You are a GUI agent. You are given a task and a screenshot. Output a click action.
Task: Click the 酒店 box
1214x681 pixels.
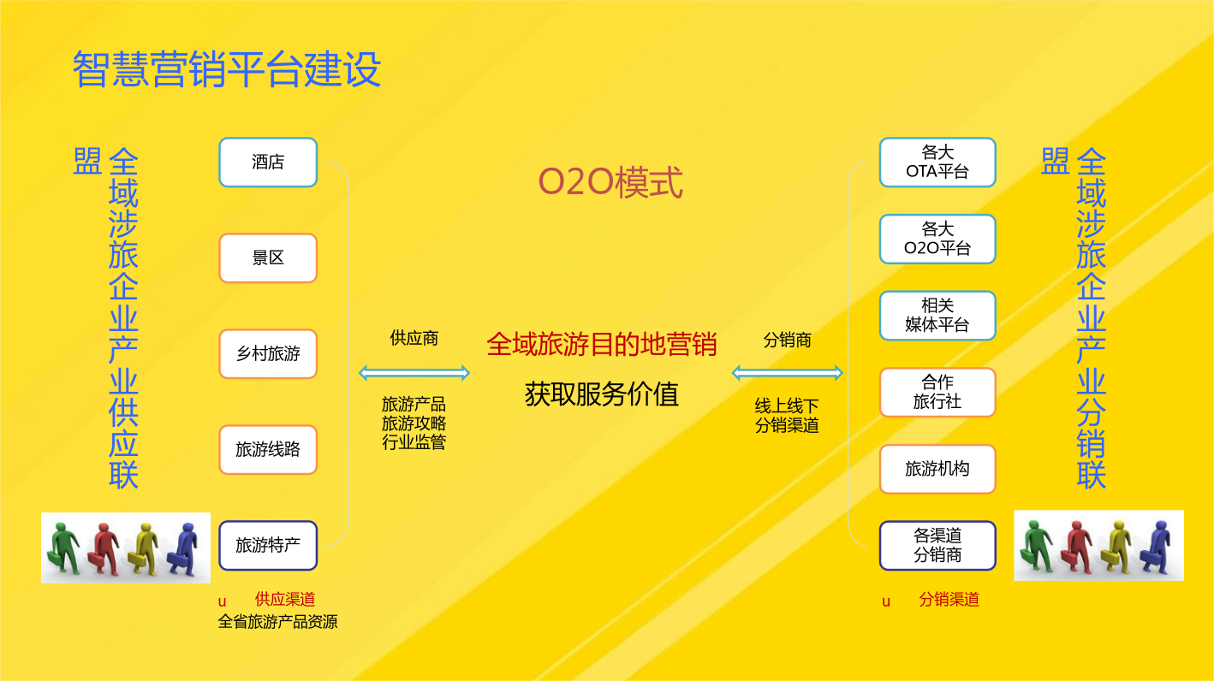pos(268,162)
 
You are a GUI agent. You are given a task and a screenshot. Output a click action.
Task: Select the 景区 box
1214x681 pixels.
pos(268,258)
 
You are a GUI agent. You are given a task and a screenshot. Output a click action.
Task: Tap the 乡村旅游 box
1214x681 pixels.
pos(268,354)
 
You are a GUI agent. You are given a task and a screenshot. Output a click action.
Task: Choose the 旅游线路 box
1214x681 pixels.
pos(268,450)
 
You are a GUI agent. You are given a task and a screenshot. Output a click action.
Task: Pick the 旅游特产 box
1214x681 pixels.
pos(268,546)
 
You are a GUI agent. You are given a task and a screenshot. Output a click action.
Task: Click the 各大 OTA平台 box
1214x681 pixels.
pos(937,162)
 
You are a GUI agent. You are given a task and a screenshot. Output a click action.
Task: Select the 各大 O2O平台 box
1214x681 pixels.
pos(937,239)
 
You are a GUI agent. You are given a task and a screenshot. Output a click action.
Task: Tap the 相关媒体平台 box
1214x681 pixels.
pos(937,316)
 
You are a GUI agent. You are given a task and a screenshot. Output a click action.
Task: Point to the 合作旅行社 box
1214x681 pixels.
pos(937,392)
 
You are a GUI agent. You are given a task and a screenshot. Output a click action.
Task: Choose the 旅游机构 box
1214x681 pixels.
pos(937,469)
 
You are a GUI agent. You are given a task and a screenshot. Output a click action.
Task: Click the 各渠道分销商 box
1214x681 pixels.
pos(937,546)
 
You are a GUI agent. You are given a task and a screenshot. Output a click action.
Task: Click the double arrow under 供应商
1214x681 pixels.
pos(414,373)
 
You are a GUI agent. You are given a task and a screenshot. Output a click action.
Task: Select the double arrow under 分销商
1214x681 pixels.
pos(787,373)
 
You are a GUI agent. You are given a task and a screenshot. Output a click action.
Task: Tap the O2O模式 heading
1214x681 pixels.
pos(610,182)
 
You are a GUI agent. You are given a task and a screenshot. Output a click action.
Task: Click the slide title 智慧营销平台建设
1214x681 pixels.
pos(227,68)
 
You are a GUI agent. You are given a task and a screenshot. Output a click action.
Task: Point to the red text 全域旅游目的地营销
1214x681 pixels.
pos(602,345)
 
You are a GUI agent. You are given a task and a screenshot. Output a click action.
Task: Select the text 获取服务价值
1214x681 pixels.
pos(602,394)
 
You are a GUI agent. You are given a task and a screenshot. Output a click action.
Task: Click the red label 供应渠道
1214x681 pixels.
pos(285,599)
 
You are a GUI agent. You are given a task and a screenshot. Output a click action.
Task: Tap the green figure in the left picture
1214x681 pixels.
pos(63,548)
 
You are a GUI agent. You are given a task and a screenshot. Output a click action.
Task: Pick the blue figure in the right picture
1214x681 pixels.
pos(1156,546)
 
